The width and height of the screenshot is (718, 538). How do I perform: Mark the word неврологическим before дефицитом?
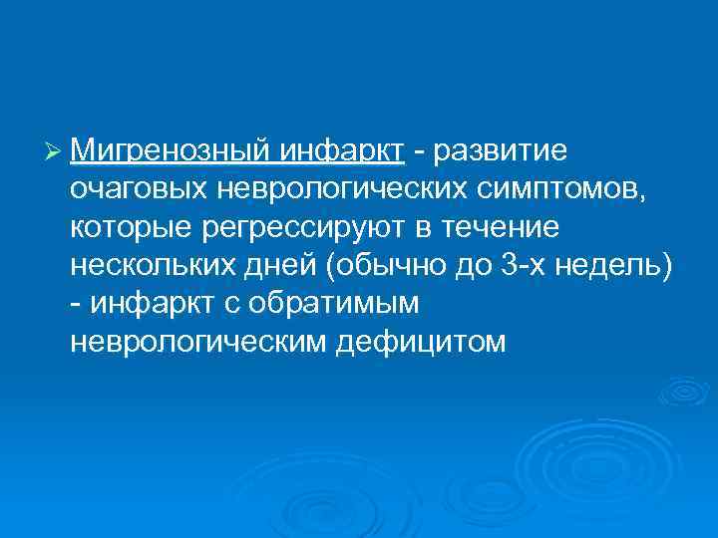click(x=199, y=342)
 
